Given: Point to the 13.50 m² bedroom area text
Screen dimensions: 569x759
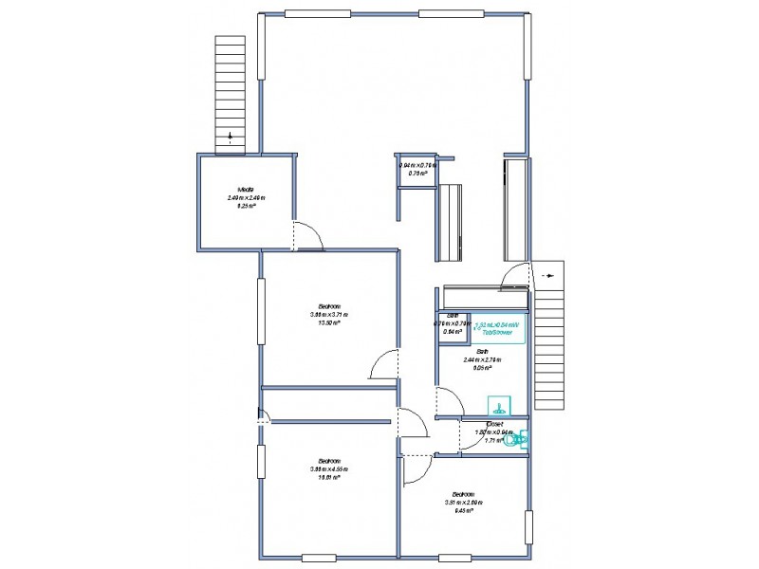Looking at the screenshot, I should [328, 321].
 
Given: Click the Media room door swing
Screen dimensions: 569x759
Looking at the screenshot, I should [308, 236].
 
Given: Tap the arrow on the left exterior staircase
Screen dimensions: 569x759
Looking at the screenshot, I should [229, 138].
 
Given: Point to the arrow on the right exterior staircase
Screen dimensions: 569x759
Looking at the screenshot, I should [551, 275].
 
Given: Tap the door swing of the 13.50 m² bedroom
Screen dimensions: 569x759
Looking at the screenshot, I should [384, 364].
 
